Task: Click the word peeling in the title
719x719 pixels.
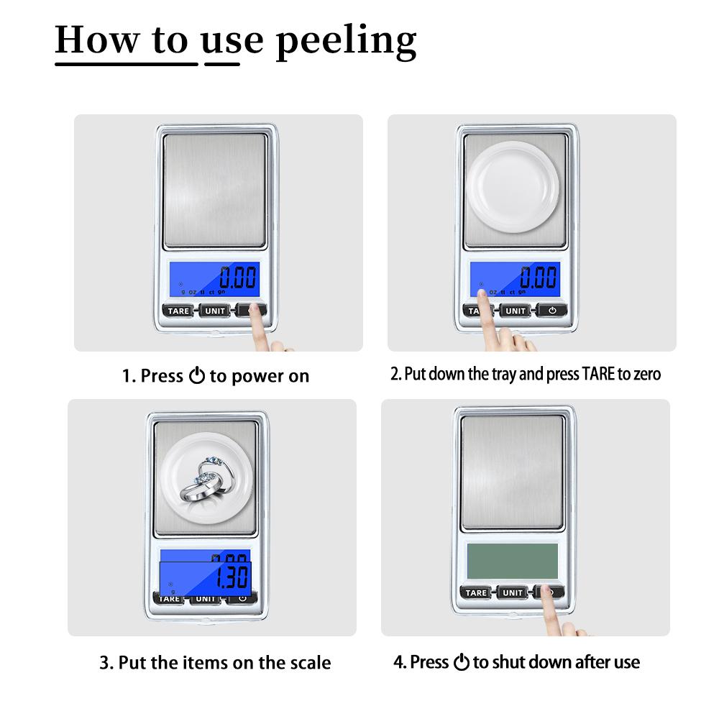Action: click(x=346, y=41)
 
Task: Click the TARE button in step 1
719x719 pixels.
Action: click(x=178, y=311)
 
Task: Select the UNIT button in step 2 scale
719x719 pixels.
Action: click(x=515, y=311)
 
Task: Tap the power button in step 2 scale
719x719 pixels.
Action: click(x=551, y=311)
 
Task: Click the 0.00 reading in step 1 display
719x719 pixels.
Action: click(x=237, y=276)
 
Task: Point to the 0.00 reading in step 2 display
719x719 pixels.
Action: click(x=539, y=276)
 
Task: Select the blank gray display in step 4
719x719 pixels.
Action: click(x=512, y=560)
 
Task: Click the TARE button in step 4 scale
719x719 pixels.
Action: click(x=476, y=592)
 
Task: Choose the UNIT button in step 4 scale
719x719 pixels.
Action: click(x=512, y=592)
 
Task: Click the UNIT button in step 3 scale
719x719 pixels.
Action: click(x=206, y=598)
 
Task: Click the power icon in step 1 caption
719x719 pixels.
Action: click(x=197, y=376)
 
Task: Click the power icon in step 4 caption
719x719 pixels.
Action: click(x=461, y=662)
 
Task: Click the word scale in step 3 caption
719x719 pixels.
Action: click(x=310, y=662)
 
